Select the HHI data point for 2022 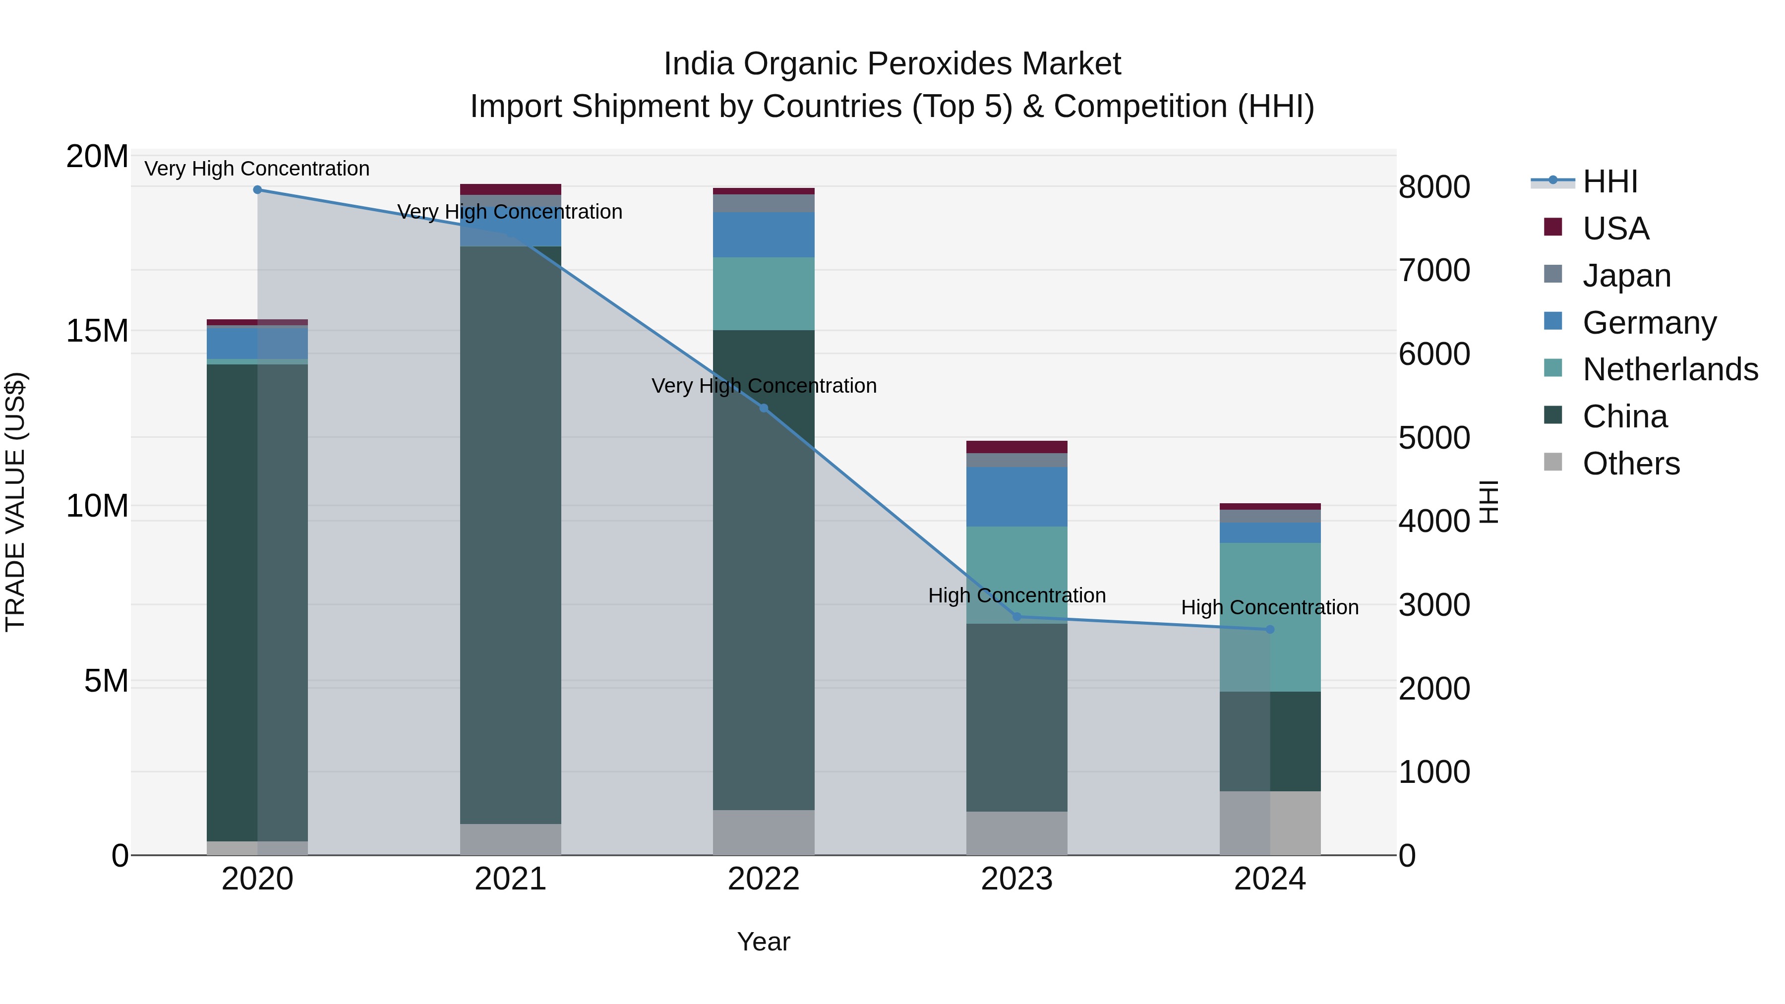coord(764,408)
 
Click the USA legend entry coord(1614,229)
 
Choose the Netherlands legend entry coord(1670,369)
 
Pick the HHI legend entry coord(1609,181)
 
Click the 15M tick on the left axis coord(97,331)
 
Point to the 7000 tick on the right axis coord(1433,270)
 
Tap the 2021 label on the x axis coord(510,879)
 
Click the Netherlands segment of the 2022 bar coord(764,294)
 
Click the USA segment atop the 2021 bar coord(510,189)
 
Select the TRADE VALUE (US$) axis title coord(15,502)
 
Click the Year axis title coord(764,942)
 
